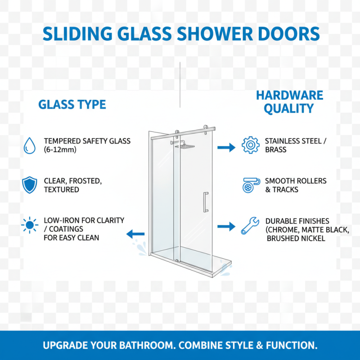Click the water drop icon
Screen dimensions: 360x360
point(30,145)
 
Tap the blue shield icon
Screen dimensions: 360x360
point(30,185)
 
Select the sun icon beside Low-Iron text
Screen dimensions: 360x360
point(30,225)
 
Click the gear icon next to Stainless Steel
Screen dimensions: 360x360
point(250,145)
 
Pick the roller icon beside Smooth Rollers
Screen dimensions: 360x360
point(250,185)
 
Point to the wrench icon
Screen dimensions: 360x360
point(250,225)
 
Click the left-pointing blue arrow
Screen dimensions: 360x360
point(135,234)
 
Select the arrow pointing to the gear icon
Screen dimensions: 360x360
point(226,147)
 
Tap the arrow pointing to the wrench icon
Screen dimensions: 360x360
point(226,226)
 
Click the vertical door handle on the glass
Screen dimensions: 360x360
point(206,202)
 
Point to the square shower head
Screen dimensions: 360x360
point(185,146)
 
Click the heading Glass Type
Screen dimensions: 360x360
point(72,105)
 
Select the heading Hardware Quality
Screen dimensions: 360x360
point(289,102)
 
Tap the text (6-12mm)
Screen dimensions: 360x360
point(60,149)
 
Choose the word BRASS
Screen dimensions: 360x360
point(275,149)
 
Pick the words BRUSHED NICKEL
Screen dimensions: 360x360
point(296,238)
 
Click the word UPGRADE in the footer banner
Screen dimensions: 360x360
point(66,346)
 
